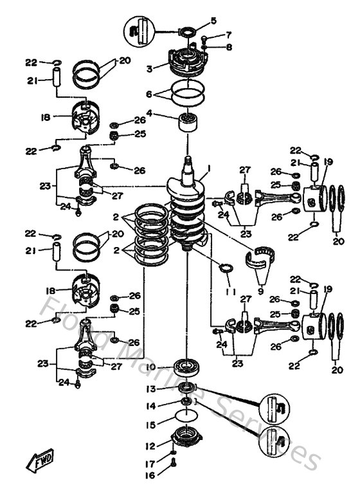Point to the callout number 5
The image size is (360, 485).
point(213,21)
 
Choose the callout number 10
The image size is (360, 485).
point(151,367)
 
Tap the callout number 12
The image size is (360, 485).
point(150,446)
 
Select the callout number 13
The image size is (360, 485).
point(150,389)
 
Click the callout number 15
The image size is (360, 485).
point(150,425)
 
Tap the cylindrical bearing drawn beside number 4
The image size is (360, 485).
point(188,121)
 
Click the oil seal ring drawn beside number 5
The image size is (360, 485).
point(189,30)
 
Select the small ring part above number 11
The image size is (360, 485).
point(226,269)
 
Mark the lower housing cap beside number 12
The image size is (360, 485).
point(186,443)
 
